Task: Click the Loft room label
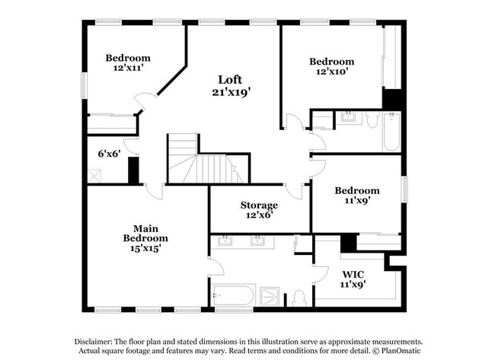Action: click(x=230, y=79)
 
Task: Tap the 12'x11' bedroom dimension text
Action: click(x=127, y=68)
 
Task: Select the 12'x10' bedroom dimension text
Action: click(x=331, y=72)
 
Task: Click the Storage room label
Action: click(x=259, y=205)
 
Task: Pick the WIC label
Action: click(x=353, y=274)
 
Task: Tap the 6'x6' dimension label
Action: click(x=110, y=153)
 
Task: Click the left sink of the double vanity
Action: click(x=226, y=242)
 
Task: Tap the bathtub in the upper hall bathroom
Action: click(x=391, y=131)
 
